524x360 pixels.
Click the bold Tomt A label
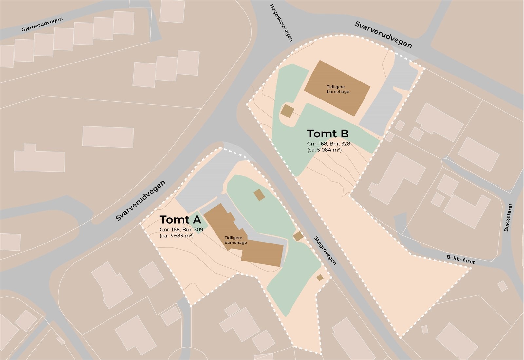(180, 219)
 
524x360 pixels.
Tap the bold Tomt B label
(327, 134)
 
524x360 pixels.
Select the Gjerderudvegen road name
(42, 25)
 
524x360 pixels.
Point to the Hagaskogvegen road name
(281, 23)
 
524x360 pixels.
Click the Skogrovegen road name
(325, 250)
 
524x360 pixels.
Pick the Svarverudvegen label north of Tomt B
(383, 35)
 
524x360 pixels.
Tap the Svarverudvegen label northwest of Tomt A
(141, 201)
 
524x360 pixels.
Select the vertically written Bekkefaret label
(508, 217)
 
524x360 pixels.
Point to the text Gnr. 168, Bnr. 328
(328, 144)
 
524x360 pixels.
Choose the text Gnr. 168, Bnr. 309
(181, 230)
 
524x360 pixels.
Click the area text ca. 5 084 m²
(324, 150)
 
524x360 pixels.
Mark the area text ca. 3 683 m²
(177, 235)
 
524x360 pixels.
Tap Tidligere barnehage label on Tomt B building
(338, 89)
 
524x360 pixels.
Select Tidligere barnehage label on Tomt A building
(235, 240)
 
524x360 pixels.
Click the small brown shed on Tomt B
(288, 111)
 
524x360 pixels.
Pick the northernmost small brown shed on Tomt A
(259, 195)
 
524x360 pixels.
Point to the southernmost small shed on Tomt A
(320, 278)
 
